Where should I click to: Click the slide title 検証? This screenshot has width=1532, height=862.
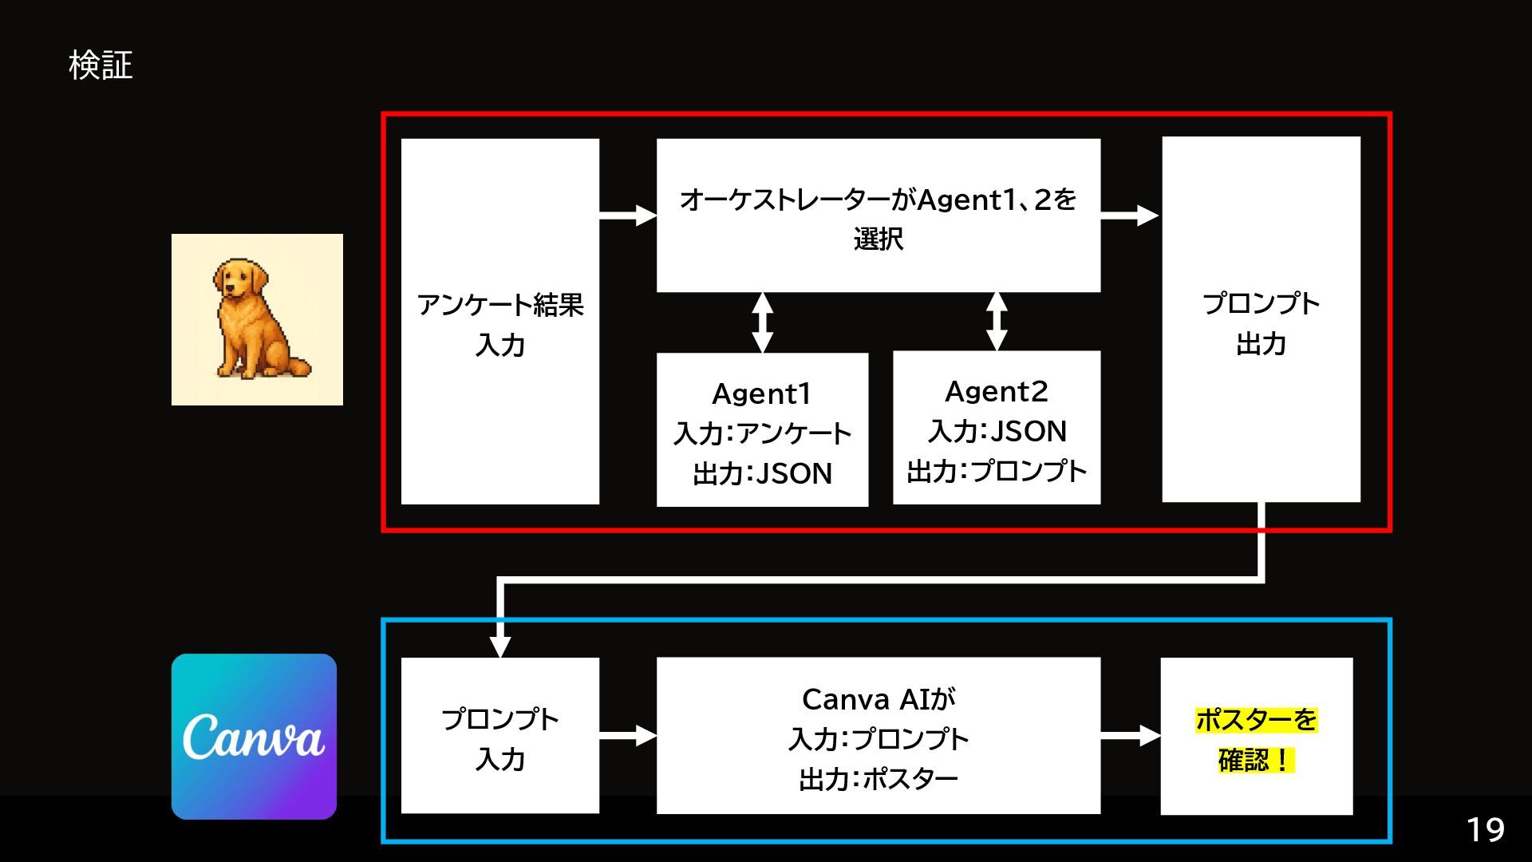point(101,65)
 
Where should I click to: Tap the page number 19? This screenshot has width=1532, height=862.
point(1485,830)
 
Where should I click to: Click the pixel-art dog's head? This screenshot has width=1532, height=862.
point(238,279)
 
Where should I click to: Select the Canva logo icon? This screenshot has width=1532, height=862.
point(254,736)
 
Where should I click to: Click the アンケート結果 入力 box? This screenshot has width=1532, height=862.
point(499,322)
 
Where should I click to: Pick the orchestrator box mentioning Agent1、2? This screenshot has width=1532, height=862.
point(878,215)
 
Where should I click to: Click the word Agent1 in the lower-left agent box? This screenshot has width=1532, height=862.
point(761,393)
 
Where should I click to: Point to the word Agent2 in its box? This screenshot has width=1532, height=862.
point(996,391)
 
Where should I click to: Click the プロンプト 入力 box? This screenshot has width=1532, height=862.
point(499,737)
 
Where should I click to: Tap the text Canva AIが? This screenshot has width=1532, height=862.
point(878,699)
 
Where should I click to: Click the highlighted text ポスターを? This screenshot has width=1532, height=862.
point(1256,720)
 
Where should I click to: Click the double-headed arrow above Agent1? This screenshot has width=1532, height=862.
point(763,322)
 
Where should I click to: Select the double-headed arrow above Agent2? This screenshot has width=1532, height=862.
point(997,321)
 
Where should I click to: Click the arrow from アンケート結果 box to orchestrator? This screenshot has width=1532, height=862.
point(628,215)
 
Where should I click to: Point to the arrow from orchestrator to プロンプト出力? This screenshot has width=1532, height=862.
point(1129,215)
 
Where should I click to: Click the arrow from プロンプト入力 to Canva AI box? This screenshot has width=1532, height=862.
point(628,735)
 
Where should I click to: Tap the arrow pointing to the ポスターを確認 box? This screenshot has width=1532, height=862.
point(1130,736)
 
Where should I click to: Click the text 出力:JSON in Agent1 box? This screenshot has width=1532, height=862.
point(762,474)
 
